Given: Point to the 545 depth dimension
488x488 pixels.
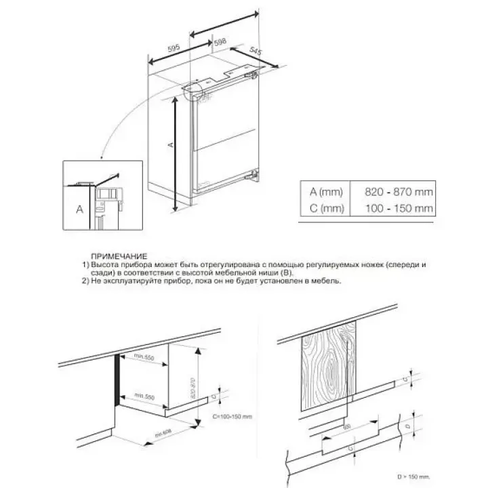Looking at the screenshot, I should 255,52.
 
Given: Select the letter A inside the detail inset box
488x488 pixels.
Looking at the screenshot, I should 79,209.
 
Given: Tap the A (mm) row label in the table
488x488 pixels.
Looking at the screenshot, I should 323,192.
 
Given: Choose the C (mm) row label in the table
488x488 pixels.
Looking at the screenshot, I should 323,208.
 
